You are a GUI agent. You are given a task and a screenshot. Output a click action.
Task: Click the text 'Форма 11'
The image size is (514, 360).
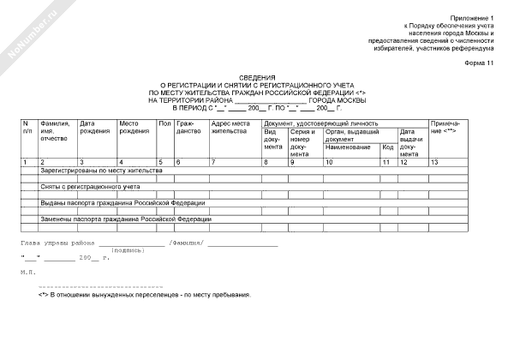coord(480,65)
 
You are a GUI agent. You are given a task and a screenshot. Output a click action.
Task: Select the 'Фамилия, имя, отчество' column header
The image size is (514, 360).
coord(54,130)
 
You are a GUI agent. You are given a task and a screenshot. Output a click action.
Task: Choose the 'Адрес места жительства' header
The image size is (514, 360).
coord(230,127)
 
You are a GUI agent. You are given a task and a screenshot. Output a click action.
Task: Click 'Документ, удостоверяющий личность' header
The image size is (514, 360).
coord(320,123)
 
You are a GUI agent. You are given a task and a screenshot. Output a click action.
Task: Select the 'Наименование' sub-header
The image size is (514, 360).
coord(348,147)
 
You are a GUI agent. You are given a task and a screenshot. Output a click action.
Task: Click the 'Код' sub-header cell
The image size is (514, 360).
coord(387,147)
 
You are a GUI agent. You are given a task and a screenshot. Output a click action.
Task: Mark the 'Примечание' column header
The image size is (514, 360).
coord(448,127)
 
